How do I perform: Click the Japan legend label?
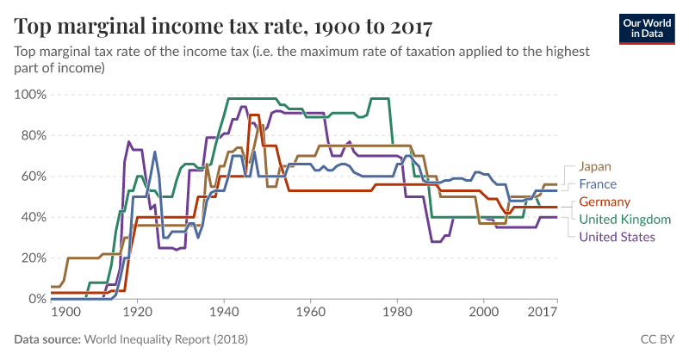pos(595,166)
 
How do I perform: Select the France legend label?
pos(598,184)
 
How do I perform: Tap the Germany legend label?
pos(605,202)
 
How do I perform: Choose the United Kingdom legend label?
pos(625,220)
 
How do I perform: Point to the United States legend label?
pos(617,237)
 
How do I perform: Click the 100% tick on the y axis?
pos(30,95)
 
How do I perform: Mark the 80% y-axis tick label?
pos(33,135)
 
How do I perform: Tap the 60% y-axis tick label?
pos(33,177)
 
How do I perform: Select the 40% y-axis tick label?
pos(33,217)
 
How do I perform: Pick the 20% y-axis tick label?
pos(33,258)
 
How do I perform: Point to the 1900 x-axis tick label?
pos(66,312)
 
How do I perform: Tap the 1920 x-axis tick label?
pos(138,312)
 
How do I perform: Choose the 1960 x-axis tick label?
pos(311,312)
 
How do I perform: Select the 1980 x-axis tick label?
pos(397,312)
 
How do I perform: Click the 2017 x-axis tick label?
pos(543,312)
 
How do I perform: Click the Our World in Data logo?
pos(647,29)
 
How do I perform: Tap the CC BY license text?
pos(657,339)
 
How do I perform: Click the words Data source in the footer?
pos(47,339)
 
